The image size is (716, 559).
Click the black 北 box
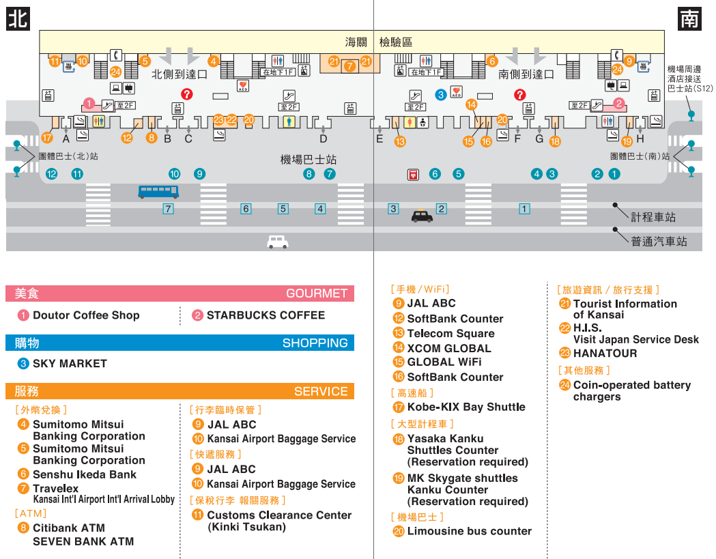tap(18, 18)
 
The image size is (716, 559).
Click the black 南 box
tap(689, 18)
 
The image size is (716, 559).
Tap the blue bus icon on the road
tap(158, 192)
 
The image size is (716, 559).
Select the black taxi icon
tap(422, 216)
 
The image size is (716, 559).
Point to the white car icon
tap(278, 242)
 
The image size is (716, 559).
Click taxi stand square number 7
tap(168, 209)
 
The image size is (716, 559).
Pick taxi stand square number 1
tap(524, 209)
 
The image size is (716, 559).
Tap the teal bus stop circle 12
tap(52, 174)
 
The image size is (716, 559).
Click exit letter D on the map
tap(324, 139)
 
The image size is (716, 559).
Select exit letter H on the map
tap(640, 139)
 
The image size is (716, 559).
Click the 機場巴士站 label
tap(309, 160)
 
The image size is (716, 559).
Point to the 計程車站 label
tap(653, 217)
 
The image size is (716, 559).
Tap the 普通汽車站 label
tap(658, 242)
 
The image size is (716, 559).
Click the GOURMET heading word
tap(316, 293)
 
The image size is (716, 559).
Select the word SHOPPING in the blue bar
tap(315, 343)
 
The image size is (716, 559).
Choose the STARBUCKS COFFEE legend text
tap(266, 315)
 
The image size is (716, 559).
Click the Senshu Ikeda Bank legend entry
tap(85, 474)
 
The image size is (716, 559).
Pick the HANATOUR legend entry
tap(605, 353)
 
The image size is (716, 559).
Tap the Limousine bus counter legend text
tap(469, 531)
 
